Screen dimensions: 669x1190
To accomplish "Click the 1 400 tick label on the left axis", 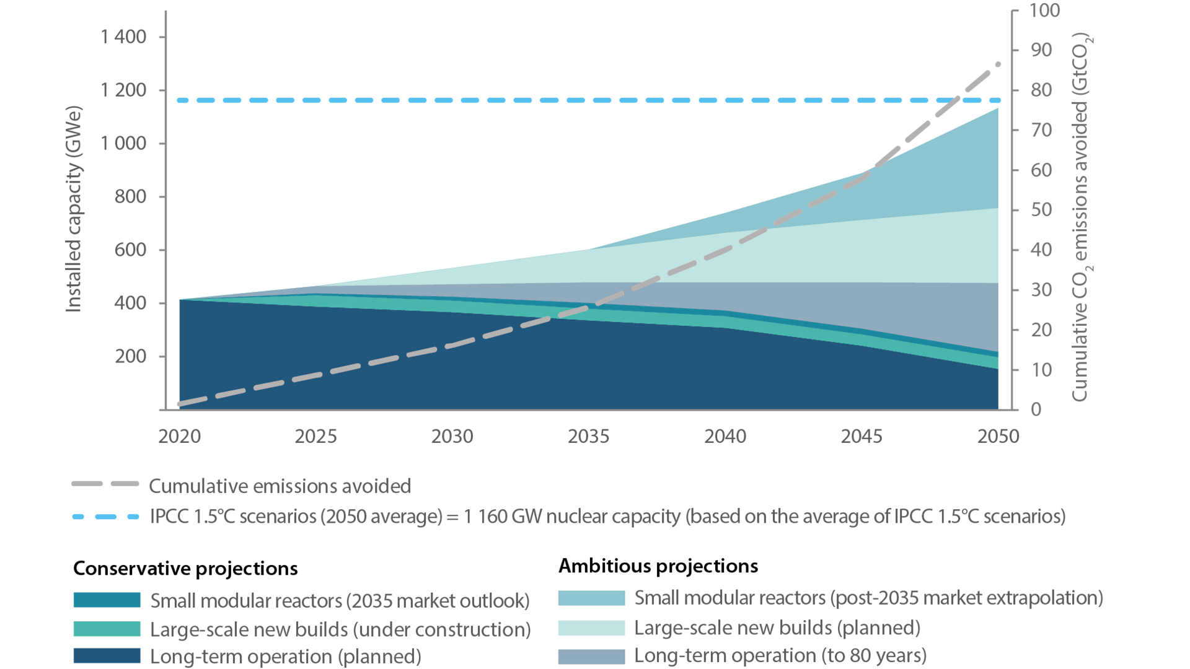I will point(123,37).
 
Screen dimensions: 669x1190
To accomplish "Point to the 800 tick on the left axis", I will point(131,197).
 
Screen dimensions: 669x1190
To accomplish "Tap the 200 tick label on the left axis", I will point(131,357).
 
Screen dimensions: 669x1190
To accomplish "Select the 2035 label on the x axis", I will point(588,437).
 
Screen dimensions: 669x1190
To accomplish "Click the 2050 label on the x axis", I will point(998,437).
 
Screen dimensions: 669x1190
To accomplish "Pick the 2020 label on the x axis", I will point(179,437).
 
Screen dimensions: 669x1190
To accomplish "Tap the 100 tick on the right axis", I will point(1044,11).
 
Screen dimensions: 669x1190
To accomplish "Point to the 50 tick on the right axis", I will point(1041,210).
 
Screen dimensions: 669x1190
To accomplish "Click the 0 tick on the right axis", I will point(1036,409).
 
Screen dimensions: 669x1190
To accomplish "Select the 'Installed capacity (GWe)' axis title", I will point(74,209).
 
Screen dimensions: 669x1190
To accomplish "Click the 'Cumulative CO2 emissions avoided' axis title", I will point(1080,217).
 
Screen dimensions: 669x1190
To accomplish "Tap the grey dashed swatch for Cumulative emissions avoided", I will point(105,484).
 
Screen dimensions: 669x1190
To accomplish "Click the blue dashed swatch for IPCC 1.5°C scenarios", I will point(105,517).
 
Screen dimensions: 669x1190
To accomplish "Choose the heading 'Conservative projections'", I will point(185,569).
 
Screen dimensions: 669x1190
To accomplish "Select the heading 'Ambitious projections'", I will point(658,566).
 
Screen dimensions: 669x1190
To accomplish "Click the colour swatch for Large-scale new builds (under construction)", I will point(107,629).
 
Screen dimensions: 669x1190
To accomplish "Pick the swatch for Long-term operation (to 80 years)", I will point(591,656).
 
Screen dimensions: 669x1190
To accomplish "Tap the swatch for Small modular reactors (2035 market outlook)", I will point(107,600).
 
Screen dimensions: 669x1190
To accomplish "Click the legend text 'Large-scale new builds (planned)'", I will point(777,628).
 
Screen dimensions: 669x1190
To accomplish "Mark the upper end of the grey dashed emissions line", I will point(998,64).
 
